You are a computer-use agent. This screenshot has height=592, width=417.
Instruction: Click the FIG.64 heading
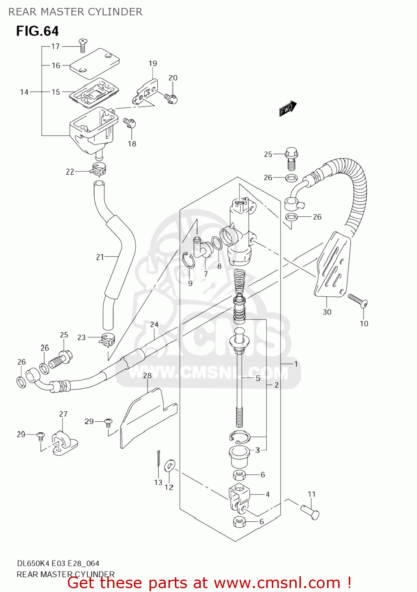point(37,31)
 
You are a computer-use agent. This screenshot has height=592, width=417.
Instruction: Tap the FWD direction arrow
point(288,108)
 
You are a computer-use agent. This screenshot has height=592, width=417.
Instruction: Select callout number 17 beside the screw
point(56,46)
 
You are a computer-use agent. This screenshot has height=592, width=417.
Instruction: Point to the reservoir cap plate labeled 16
point(95,61)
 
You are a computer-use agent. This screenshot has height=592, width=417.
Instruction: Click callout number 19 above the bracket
point(153,63)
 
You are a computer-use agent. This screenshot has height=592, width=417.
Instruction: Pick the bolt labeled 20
point(172,98)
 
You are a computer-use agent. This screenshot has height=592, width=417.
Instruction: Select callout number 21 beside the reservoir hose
point(100,257)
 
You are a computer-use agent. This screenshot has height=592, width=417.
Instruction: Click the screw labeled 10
point(357,300)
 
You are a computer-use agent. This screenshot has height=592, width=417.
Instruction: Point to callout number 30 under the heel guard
point(327,312)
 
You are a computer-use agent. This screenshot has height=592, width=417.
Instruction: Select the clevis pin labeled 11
point(310,512)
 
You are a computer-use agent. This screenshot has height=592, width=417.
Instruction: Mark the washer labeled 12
point(170,466)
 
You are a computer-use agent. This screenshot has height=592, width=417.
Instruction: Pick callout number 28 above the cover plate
point(147,376)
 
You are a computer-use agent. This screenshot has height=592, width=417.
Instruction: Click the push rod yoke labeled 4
point(239,497)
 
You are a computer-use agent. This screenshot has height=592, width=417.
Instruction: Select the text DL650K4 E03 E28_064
point(58,563)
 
